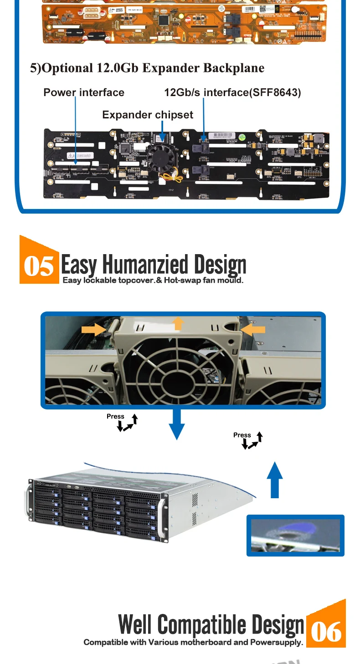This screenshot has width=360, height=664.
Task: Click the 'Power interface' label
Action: [84, 92]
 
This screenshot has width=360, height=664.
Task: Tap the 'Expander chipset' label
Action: [148, 115]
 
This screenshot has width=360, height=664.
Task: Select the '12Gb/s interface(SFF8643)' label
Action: [232, 92]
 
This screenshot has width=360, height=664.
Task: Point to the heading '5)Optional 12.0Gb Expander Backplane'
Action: [147, 68]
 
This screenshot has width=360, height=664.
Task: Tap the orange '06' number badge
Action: [326, 631]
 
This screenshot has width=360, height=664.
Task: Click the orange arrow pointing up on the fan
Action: [179, 323]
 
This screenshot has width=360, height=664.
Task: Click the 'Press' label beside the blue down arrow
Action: [115, 416]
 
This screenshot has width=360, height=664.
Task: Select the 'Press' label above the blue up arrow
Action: [242, 435]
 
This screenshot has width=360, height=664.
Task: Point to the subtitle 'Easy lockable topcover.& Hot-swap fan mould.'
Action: [153, 280]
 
